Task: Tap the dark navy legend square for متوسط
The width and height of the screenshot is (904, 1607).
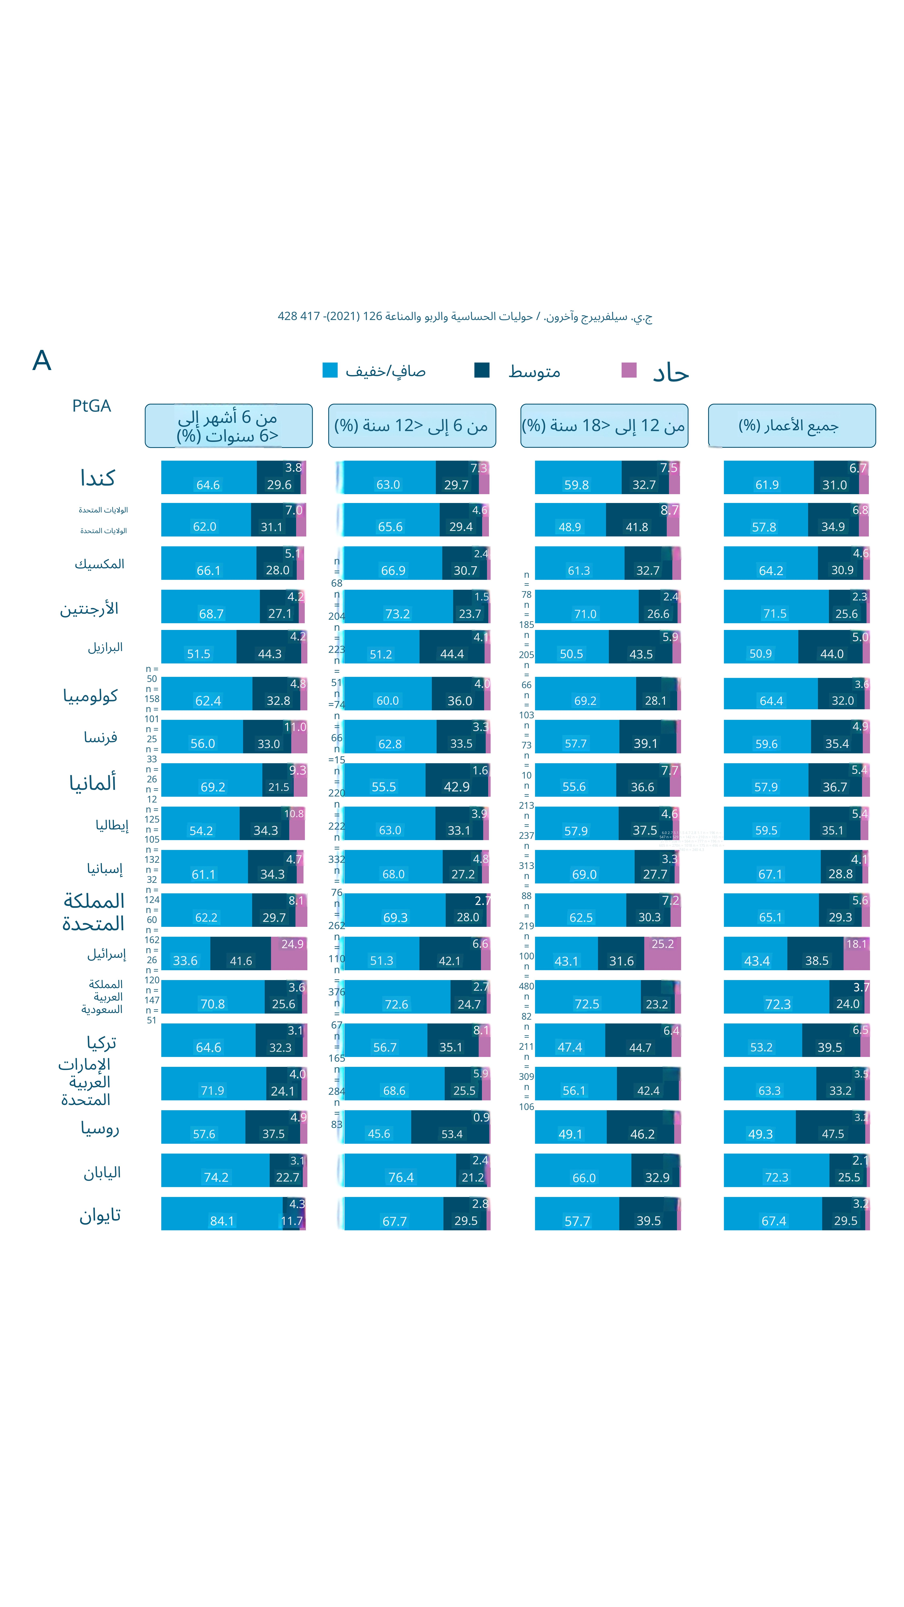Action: point(482,370)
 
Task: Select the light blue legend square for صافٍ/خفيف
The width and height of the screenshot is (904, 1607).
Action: point(329,370)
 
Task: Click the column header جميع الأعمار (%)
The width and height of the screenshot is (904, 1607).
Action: point(791,425)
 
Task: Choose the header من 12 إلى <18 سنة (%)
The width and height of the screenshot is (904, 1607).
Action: point(604,425)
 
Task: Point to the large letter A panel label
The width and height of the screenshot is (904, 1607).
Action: point(42,361)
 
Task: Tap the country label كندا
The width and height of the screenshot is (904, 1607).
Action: point(97,478)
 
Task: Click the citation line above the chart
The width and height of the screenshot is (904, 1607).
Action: point(465,316)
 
